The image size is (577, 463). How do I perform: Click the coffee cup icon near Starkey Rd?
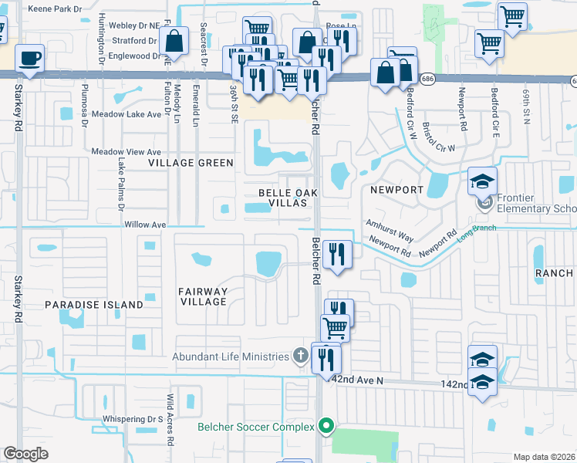pos(29,58)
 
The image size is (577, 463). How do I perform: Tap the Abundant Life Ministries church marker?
pos(302,356)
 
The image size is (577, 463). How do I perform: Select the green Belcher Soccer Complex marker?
pos(326,426)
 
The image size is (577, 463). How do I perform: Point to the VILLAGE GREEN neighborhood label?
pos(191,163)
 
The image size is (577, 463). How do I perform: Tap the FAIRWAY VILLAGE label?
pos(203,296)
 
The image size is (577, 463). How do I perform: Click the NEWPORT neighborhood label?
pos(396,189)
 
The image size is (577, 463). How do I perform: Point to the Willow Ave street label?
pos(146,225)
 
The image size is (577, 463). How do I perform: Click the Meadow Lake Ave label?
pos(127,113)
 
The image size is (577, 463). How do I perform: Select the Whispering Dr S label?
pos(133,419)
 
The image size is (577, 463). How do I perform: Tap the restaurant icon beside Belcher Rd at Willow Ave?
pos(337,255)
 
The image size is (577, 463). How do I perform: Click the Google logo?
pos(26,454)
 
